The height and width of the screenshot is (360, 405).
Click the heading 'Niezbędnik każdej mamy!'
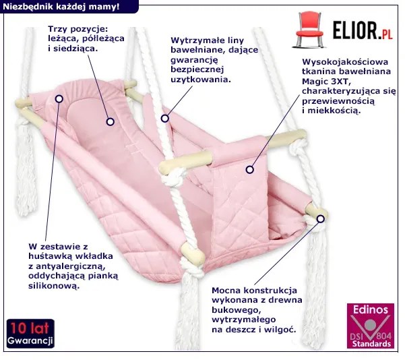pos(61,7)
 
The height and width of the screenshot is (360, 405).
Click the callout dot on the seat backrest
pos(108,122)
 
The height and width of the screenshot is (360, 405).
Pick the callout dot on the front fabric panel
pos(251,171)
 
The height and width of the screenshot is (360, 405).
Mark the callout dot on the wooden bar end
pos(321,217)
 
